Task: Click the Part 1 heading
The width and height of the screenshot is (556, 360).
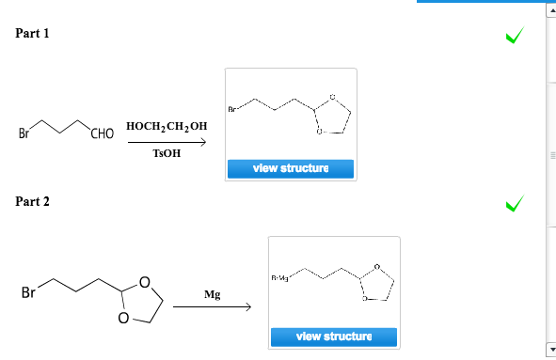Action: pyautogui.click(x=33, y=34)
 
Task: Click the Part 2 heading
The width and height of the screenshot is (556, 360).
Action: pyautogui.click(x=33, y=201)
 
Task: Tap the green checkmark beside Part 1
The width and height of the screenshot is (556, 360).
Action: pyautogui.click(x=513, y=36)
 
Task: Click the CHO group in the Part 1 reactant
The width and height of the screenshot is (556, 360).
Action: pyautogui.click(x=101, y=134)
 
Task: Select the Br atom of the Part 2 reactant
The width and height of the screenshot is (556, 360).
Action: pyautogui.click(x=28, y=292)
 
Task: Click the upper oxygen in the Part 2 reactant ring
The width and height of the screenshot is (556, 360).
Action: pyautogui.click(x=144, y=280)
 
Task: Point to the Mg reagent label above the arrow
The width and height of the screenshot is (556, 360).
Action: pyautogui.click(x=213, y=295)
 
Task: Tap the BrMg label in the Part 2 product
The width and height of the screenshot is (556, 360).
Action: pyautogui.click(x=279, y=276)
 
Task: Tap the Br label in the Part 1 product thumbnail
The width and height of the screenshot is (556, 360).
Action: pyautogui.click(x=231, y=108)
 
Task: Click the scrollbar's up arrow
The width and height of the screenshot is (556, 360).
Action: pyautogui.click(x=550, y=8)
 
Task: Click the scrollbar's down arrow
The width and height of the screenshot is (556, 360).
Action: pyautogui.click(x=550, y=352)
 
